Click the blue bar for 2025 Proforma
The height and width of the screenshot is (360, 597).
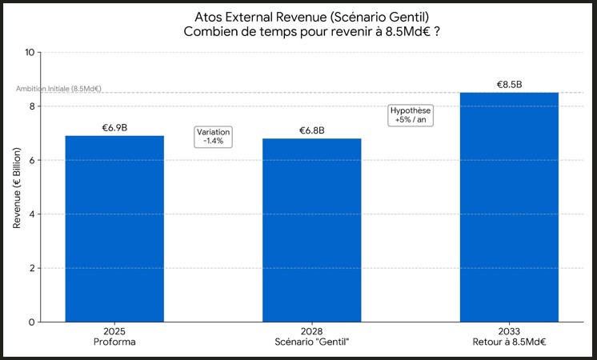(114, 229)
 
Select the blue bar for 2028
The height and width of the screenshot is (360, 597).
(311, 230)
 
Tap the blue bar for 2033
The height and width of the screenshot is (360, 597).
(509, 207)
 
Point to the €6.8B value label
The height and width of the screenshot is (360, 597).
(311, 130)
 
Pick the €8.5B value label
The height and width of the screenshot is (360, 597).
(509, 85)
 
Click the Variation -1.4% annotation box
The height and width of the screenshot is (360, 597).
(214, 137)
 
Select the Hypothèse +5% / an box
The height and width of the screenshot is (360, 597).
(411, 115)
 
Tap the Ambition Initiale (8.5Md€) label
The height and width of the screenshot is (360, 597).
(59, 89)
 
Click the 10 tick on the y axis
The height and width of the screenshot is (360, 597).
(30, 53)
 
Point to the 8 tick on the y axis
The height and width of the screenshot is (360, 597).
(31, 106)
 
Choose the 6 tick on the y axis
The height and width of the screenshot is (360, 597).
(31, 161)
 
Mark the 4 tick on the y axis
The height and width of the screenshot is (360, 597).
(31, 214)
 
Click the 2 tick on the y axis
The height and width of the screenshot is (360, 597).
(31, 268)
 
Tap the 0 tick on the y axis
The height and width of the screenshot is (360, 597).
(31, 322)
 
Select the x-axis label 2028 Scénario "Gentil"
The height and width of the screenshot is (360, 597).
(311, 337)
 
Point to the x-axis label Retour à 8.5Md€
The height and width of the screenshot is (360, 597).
(509, 342)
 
